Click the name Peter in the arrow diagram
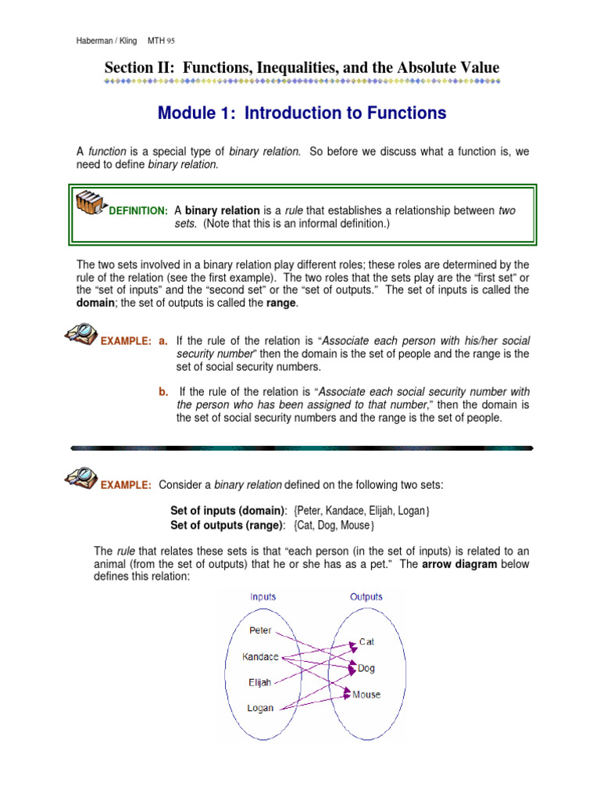(260, 630)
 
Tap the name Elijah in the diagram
(259, 682)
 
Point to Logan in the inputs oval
(260, 708)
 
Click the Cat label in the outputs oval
(366, 641)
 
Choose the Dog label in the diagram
(366, 668)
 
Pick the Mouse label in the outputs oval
(366, 694)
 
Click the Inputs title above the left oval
(262, 597)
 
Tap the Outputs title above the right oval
(366, 597)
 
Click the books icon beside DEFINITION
(91, 204)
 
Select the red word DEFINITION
(138, 211)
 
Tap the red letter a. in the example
(163, 341)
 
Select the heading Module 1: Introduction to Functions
(302, 113)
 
